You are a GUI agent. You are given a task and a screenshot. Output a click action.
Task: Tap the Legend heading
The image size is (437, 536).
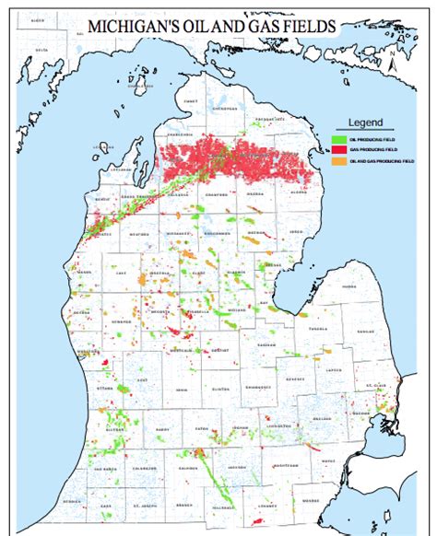tap(366, 122)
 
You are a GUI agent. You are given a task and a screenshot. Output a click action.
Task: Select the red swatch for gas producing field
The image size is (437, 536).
tap(338, 147)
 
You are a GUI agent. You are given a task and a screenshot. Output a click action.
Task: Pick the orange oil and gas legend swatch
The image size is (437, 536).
tap(338, 160)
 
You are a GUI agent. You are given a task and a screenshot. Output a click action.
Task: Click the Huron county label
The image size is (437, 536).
tap(348, 286)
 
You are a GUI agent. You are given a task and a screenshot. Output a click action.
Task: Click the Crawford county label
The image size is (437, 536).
tap(215, 194)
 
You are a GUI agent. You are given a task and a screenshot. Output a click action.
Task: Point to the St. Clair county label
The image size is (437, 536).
tap(372, 385)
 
